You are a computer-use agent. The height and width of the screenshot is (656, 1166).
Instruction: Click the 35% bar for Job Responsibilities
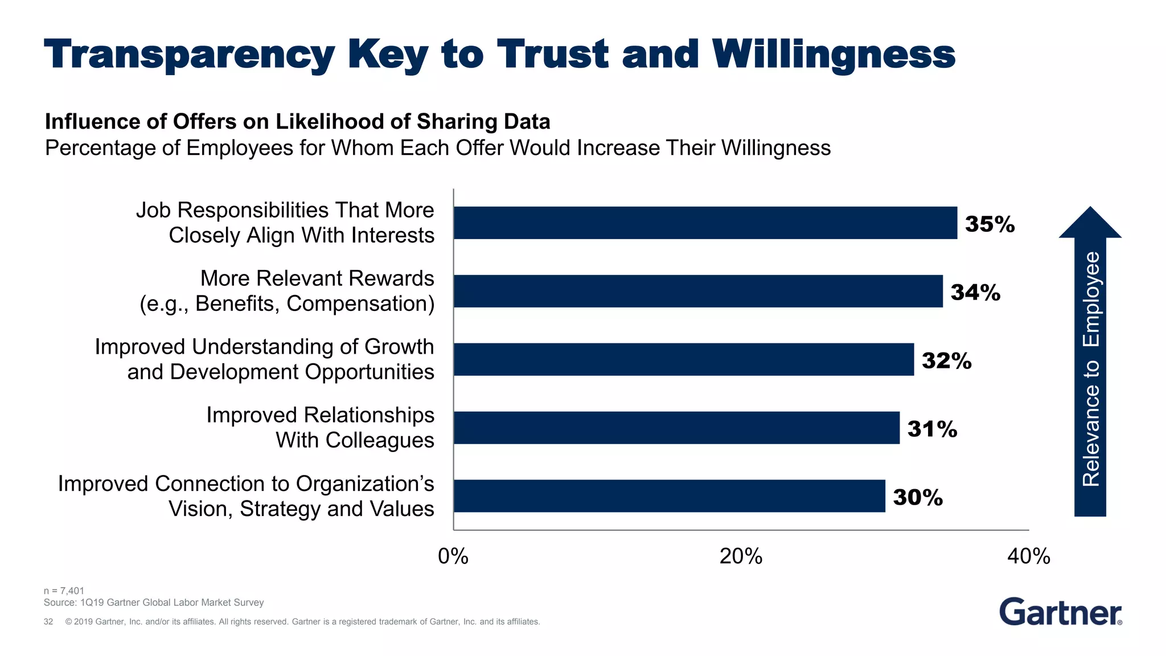(x=705, y=223)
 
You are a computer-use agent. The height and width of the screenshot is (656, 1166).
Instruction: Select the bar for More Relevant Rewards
(x=698, y=291)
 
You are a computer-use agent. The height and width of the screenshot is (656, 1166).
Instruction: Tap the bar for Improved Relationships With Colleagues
(x=676, y=428)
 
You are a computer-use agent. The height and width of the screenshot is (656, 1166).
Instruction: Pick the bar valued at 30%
(x=669, y=496)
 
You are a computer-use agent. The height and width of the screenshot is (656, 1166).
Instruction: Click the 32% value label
(x=946, y=360)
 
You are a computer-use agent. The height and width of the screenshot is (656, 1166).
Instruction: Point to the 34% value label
(x=975, y=292)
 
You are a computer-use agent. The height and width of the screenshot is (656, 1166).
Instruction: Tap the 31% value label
(x=932, y=429)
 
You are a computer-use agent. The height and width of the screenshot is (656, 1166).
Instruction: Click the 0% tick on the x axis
(x=453, y=556)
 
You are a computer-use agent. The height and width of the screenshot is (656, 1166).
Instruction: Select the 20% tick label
(x=741, y=556)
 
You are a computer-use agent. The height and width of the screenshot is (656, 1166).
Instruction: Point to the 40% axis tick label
(x=1028, y=556)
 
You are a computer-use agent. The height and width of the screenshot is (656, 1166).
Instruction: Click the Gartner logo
(x=1060, y=612)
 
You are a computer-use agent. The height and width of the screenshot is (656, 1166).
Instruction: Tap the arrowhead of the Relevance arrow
(x=1090, y=224)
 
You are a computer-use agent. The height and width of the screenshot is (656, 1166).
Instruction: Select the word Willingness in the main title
(x=834, y=55)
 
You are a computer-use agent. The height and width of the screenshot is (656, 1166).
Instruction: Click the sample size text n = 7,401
(x=64, y=591)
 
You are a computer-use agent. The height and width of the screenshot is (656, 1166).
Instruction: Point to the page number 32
(x=48, y=621)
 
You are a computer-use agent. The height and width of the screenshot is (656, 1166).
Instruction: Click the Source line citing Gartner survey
(x=154, y=602)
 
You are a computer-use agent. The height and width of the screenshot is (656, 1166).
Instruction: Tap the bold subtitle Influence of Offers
(x=297, y=122)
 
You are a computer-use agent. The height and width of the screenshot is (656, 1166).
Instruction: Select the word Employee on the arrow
(x=1091, y=300)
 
